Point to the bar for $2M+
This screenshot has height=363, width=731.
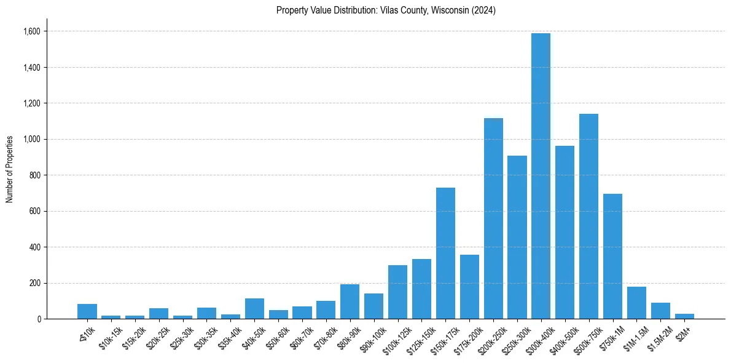coord(684,316)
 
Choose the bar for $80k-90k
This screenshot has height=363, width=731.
coord(350,301)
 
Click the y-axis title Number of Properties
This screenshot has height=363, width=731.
coord(9,169)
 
